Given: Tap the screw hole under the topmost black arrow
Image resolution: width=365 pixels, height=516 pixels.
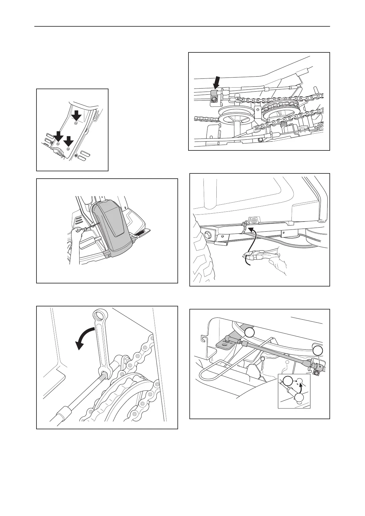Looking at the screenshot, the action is tap(76, 123).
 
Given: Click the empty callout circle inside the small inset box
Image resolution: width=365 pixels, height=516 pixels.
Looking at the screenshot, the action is tap(287, 381).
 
